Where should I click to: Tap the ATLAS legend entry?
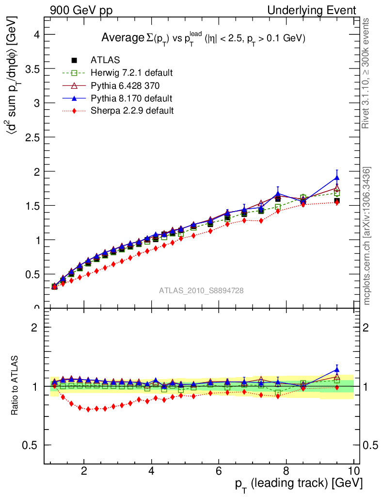[x=105, y=60]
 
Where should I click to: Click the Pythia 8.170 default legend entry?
[x=131, y=98]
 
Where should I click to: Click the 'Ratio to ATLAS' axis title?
[x=16, y=385]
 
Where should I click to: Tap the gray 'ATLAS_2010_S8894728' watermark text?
[x=201, y=291]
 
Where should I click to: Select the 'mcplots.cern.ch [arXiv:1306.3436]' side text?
[x=367, y=236]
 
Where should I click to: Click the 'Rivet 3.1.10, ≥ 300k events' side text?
[x=367, y=74]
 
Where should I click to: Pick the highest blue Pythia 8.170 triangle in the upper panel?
[x=337, y=177]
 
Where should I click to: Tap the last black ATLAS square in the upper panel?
[x=337, y=200]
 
